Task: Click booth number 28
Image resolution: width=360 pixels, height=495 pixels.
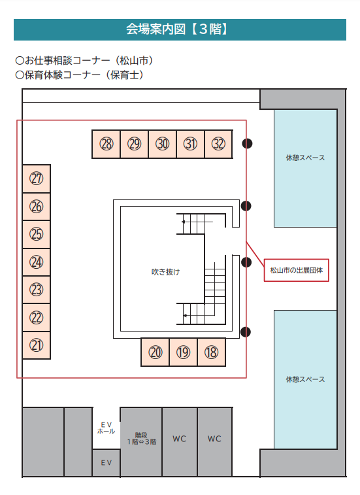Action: tap(106, 144)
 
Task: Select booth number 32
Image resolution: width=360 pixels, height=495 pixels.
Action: tap(219, 144)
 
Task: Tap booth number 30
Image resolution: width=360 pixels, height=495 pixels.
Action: tap(163, 144)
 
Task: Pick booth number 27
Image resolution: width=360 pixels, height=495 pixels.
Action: tap(37, 179)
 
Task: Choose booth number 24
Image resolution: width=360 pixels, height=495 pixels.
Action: tap(37, 262)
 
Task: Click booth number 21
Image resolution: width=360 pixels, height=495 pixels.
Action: tap(37, 345)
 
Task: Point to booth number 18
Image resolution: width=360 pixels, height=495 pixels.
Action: tap(212, 352)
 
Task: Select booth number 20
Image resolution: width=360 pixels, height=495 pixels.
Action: tap(155, 352)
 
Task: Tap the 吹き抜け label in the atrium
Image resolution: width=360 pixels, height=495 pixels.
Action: tap(166, 272)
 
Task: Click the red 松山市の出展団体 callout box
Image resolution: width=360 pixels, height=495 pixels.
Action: tap(296, 270)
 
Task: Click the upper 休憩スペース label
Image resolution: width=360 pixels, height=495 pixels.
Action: tap(305, 158)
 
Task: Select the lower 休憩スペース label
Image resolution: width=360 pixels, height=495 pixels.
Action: tap(305, 379)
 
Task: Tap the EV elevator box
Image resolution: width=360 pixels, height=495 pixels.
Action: tap(106, 463)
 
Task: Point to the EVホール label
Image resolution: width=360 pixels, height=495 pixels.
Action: tap(106, 428)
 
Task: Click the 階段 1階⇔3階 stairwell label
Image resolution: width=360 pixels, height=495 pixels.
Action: tap(142, 439)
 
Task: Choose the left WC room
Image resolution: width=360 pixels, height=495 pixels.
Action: tap(180, 441)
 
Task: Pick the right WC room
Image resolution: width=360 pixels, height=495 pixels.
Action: tap(214, 441)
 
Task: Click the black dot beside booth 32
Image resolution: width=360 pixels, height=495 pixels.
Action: tap(247, 144)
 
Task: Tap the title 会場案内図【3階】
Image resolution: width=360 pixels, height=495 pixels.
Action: tap(176, 29)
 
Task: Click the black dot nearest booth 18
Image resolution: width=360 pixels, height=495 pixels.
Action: tap(246, 332)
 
